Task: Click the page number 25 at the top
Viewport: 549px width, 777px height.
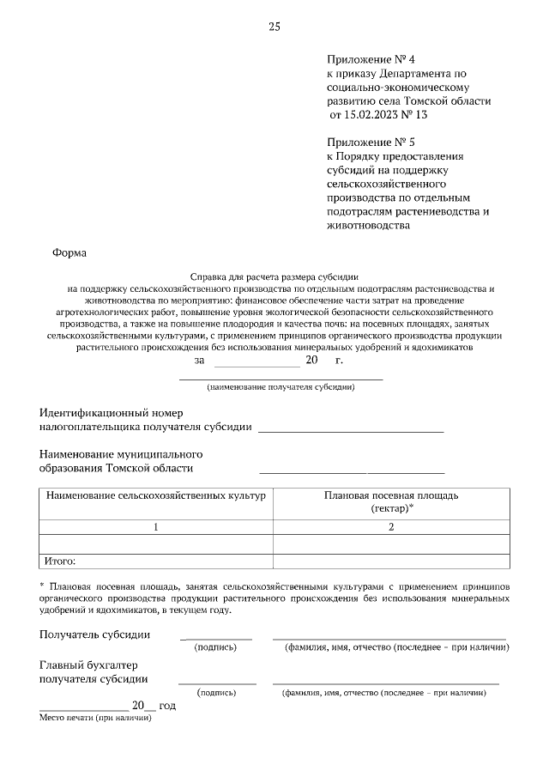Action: [274, 27]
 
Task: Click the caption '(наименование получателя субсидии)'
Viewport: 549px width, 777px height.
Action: [281, 387]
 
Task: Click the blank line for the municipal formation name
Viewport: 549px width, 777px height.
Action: [352, 471]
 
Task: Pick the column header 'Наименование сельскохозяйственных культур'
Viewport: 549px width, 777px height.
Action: [156, 496]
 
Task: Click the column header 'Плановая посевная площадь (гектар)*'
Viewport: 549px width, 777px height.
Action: [391, 502]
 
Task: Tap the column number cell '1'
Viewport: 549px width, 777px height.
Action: [156, 527]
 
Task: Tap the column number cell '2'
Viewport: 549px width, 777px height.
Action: [391, 527]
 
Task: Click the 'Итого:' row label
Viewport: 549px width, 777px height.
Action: [61, 562]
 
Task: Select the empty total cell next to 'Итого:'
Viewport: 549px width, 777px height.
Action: [391, 562]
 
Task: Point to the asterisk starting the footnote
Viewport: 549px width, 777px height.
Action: [42, 583]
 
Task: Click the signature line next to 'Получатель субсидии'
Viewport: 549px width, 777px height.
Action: [216, 638]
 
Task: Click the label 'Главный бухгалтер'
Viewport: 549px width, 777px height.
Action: [88, 665]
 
